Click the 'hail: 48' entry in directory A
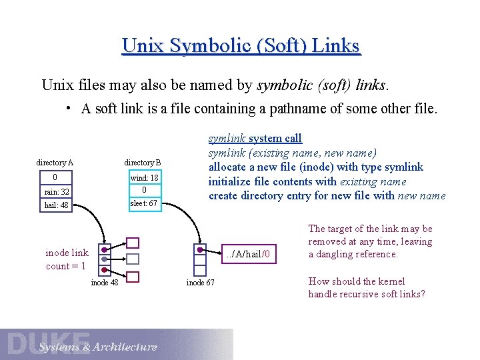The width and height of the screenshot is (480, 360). [56, 205]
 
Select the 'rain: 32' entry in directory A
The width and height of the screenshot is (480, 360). [56, 191]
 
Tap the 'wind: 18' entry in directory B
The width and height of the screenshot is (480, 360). [144, 178]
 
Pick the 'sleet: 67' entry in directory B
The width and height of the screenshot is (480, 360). [144, 203]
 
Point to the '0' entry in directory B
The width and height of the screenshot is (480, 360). [144, 190]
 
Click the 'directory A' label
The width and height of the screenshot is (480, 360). [55, 163]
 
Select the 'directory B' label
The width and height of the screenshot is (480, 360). [143, 163]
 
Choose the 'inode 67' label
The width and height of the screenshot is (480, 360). [200, 283]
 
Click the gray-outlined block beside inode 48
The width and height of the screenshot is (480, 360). [133, 259]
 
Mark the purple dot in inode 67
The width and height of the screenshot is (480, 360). [200, 251]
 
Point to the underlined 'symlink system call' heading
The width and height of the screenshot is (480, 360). [255, 138]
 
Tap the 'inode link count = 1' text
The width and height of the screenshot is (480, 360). [66, 259]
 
